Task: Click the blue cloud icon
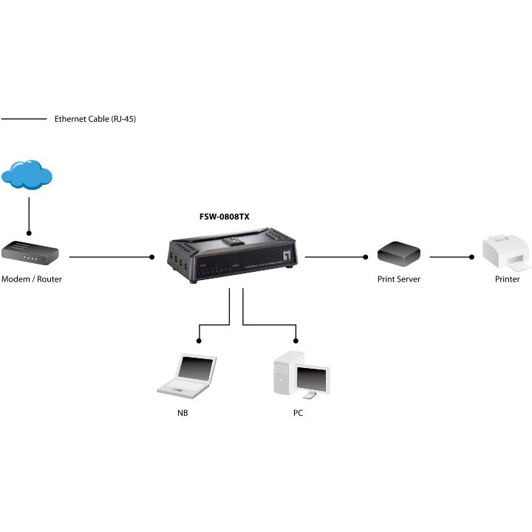tap(27, 176)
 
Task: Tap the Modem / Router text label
tap(32, 279)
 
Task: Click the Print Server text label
tap(398, 279)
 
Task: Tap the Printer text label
tap(507, 279)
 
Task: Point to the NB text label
tap(183, 413)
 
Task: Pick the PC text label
tap(298, 413)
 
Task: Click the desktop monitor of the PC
tap(313, 379)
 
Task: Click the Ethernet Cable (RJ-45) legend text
tap(95, 119)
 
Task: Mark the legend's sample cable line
tap(24, 119)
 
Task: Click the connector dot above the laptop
tap(199, 340)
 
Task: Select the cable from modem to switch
tap(111, 257)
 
